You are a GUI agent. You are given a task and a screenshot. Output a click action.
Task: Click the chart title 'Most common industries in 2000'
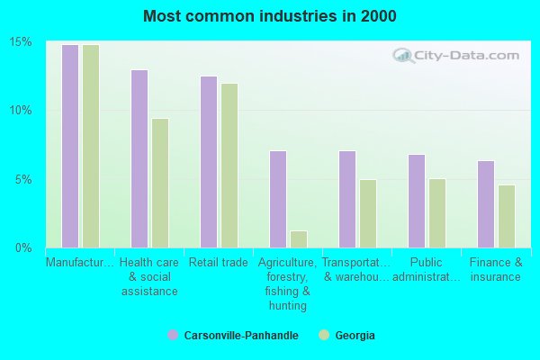[x=269, y=16]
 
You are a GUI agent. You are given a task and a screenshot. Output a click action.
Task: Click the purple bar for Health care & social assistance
[x=139, y=158]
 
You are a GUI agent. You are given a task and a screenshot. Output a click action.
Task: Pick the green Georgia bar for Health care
[x=160, y=183]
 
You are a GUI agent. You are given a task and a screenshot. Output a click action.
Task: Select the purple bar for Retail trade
[x=209, y=162]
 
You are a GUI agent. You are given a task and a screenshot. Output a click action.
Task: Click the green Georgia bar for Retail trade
[x=229, y=166]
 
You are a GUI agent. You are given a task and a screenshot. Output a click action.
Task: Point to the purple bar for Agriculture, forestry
[x=278, y=199]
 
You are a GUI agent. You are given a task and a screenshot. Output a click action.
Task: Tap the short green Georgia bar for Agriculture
[x=299, y=239]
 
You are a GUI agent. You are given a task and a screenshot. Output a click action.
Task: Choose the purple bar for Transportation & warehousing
[x=347, y=199]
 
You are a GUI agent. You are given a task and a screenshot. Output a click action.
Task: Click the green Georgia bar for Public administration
[x=437, y=213]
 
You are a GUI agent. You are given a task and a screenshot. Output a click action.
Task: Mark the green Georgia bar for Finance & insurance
[x=507, y=216]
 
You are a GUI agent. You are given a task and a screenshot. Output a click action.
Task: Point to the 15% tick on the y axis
[x=22, y=42]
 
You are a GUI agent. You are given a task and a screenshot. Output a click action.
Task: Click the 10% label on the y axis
[x=22, y=111]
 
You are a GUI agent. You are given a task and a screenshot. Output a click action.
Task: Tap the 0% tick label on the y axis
[x=24, y=247]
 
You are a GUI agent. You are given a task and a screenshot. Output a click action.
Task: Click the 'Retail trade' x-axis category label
[x=219, y=263]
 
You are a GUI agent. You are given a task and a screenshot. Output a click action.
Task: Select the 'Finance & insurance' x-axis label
[x=496, y=270]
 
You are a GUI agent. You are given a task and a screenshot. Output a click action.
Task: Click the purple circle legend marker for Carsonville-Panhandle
[x=172, y=335]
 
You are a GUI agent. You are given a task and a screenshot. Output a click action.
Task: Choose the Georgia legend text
[x=355, y=336]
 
